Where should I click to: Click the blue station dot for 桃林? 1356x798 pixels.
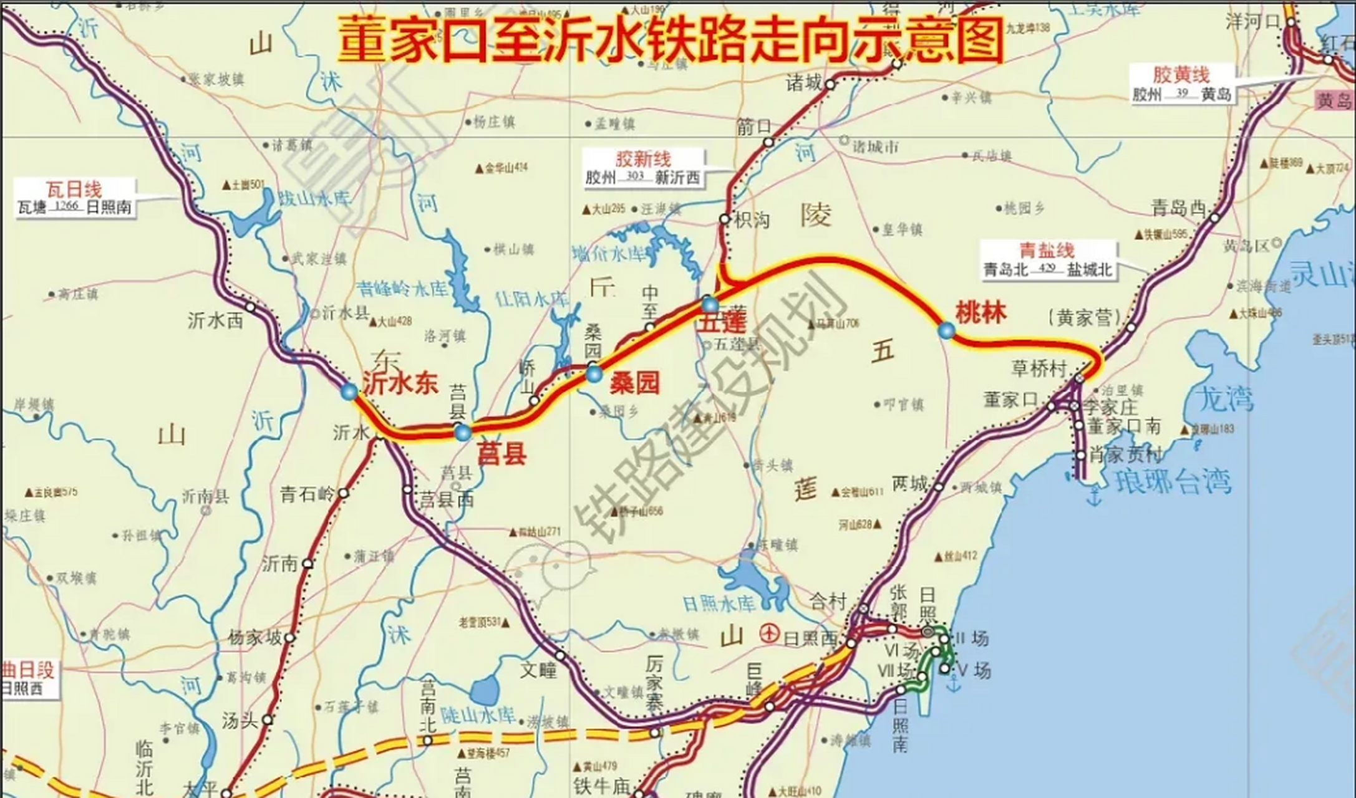[946, 330]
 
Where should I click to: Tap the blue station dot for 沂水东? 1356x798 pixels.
[349, 392]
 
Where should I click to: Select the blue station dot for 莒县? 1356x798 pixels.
[462, 432]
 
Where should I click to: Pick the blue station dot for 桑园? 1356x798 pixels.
[594, 374]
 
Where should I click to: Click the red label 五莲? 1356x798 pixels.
[721, 323]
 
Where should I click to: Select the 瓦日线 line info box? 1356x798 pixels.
[74, 198]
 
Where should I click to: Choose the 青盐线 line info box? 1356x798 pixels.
[1048, 260]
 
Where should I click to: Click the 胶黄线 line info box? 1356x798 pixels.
[1181, 85]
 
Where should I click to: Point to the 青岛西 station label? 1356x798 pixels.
[1178, 208]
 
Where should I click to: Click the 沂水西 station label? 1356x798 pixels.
[215, 320]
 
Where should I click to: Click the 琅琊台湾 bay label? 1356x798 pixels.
[1173, 482]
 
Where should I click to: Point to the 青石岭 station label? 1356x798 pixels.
[308, 494]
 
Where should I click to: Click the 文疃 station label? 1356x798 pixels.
[538, 670]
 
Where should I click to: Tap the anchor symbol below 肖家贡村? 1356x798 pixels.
[1093, 497]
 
